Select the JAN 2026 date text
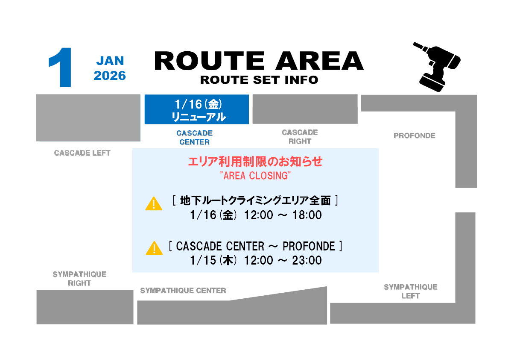[110, 68]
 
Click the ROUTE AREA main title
[259, 61]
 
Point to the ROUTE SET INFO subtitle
[259, 80]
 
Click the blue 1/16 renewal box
[196, 110]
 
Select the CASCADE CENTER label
[194, 138]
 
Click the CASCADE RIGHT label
[300, 137]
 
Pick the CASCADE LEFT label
[82, 153]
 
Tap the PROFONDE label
[414, 136]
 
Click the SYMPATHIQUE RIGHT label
[79, 279]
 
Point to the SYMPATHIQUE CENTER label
[183, 291]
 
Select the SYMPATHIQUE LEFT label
[410, 291]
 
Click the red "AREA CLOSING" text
[255, 176]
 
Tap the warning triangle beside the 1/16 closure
[154, 204]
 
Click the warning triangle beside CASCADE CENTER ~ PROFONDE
[154, 248]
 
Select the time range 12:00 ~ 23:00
[283, 260]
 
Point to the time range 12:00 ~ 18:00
[283, 215]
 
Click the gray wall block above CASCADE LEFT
[88, 118]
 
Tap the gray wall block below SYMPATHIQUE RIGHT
[85, 307]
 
